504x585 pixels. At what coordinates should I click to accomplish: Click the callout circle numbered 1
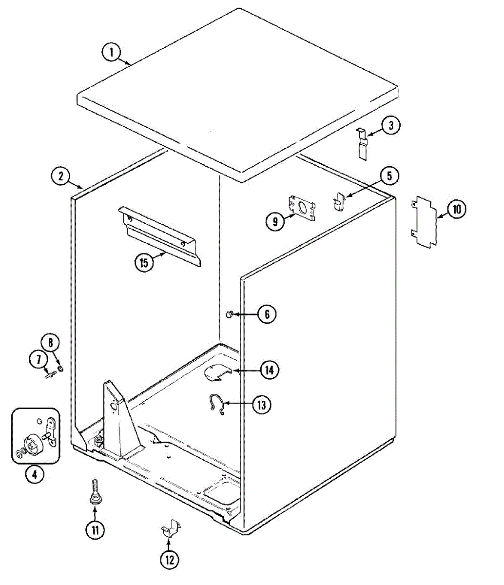coord(112,52)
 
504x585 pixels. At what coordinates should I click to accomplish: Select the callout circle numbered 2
coord(61,176)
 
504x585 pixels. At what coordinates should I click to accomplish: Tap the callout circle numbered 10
coord(456,210)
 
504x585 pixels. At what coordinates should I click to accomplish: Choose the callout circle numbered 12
coord(169,560)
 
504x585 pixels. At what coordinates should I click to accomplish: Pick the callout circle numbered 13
coord(262,405)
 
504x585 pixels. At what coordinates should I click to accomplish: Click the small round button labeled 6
coord(229,315)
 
